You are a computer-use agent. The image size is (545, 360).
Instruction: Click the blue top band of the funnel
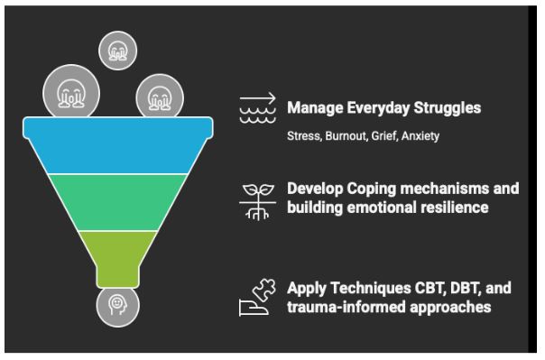118,145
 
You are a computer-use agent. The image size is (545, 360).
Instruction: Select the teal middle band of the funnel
118,202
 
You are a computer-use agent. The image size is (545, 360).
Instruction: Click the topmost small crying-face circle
118,51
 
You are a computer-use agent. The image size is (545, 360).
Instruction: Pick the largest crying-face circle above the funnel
71,93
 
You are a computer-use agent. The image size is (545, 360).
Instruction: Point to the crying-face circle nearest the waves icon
160,97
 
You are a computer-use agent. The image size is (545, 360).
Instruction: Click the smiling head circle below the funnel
118,306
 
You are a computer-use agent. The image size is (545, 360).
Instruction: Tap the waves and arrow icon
257,107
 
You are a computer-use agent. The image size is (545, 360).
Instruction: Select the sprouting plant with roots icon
257,202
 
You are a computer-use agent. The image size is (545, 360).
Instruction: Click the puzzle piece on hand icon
257,298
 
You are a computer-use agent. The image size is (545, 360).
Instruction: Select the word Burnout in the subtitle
346,136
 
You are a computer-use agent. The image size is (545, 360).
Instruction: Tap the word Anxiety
420,136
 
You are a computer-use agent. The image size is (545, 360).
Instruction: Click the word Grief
384,136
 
